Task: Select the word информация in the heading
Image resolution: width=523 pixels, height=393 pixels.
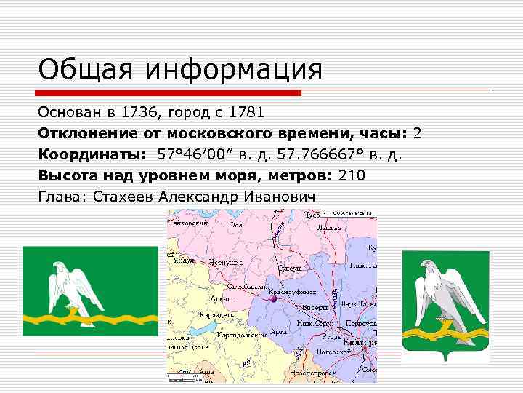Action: point(233,71)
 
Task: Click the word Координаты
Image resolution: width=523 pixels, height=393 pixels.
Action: point(92,155)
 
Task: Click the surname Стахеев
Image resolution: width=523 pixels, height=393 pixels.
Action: point(123,196)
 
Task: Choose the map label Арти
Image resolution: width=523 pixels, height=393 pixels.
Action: point(280,331)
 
